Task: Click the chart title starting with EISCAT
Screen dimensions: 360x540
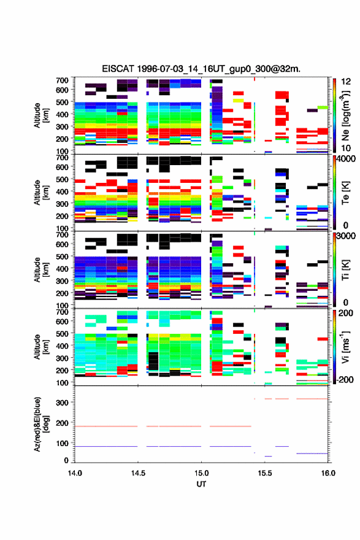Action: click(201, 69)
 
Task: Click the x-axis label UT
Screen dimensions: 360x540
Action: click(201, 484)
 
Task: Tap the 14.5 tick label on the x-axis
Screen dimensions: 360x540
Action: click(138, 473)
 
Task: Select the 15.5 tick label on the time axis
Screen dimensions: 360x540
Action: click(265, 473)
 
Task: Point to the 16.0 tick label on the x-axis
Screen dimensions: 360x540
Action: click(328, 473)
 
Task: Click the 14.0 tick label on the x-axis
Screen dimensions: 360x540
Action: click(75, 473)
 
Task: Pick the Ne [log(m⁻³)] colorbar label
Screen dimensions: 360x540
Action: click(345, 115)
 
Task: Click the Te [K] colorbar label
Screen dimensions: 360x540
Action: click(345, 193)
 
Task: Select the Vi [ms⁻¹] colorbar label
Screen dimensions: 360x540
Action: click(345, 347)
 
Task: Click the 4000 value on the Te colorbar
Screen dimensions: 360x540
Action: click(345, 159)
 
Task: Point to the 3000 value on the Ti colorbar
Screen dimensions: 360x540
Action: click(345, 236)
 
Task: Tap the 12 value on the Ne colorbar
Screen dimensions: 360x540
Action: click(345, 82)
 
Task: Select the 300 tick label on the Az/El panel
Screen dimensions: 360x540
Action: click(63, 403)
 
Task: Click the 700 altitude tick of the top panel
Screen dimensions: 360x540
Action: click(63, 80)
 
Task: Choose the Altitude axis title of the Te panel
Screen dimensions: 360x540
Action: click(41, 192)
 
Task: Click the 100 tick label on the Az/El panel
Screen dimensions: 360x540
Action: click(63, 443)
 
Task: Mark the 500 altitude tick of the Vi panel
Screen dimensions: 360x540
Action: click(63, 333)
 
